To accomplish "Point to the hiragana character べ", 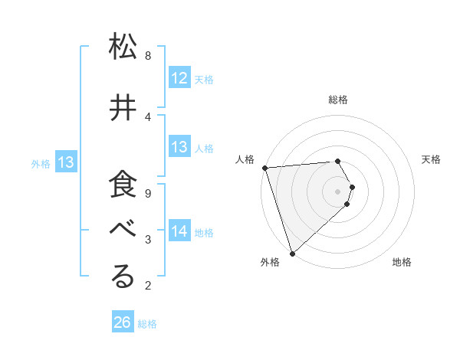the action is point(123,231).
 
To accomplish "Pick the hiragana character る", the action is point(123,277).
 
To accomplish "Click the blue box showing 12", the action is point(179,78).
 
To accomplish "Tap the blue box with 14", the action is point(179,231).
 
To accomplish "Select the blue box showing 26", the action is point(123,322).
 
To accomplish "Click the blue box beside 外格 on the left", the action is point(66,162).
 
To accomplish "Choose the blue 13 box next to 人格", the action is point(179,147).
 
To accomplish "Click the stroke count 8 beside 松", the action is point(148,55).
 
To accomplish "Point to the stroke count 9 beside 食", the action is point(148,193).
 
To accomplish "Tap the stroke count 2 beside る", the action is point(148,286).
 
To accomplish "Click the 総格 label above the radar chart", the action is point(338,100).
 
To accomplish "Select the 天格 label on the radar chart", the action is point(432,159).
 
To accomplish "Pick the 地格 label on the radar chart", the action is point(402,262).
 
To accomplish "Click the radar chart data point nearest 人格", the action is point(264,168).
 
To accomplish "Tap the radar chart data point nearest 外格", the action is point(292,252).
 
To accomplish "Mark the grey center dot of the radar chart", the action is point(338,191).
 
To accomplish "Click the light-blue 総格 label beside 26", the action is point(147,324).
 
